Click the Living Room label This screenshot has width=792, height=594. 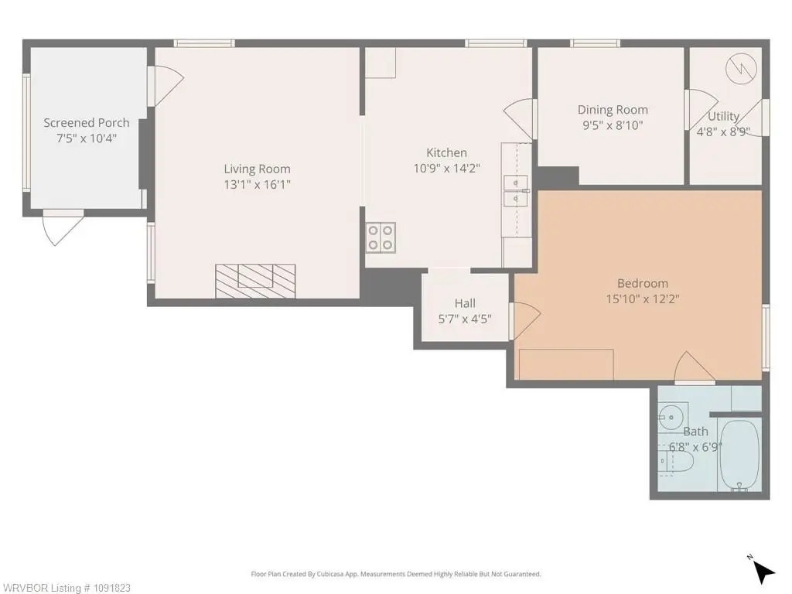click(x=257, y=169)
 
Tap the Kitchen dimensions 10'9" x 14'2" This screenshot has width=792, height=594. click(x=446, y=168)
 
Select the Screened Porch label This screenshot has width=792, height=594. click(x=87, y=123)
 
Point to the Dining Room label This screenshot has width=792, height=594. click(x=613, y=110)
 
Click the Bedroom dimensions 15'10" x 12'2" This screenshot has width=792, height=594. click(x=643, y=299)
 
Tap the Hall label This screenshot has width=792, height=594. click(x=465, y=303)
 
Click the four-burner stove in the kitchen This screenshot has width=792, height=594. click(x=381, y=237)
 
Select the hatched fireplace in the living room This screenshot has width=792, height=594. click(x=255, y=281)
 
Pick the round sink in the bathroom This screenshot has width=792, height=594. click(x=672, y=417)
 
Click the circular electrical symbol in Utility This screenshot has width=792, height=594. click(x=742, y=68)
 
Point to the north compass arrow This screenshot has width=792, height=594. click(x=763, y=573)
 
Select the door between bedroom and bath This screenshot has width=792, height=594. click(x=695, y=367)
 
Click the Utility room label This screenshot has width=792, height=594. click(x=723, y=116)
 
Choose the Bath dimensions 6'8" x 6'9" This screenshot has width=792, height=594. click(x=695, y=448)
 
